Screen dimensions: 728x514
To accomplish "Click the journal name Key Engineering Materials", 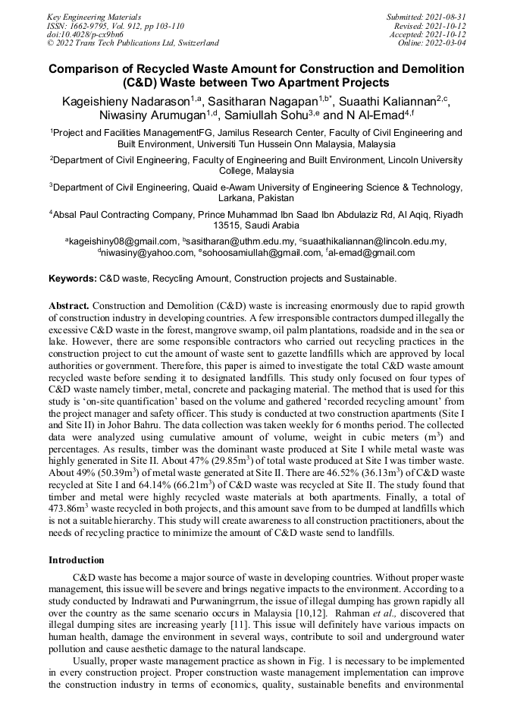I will pos(93,16).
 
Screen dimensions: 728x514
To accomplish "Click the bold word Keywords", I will pos(72,279).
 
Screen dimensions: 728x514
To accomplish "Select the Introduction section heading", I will pos(76,559).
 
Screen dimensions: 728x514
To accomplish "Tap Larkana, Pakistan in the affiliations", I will pos(256,197).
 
